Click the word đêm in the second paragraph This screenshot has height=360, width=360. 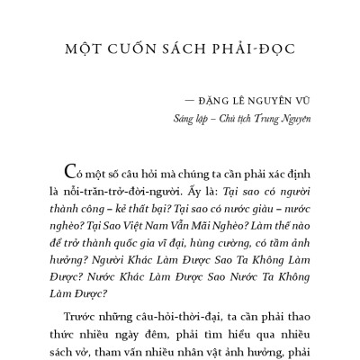click(157, 334)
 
